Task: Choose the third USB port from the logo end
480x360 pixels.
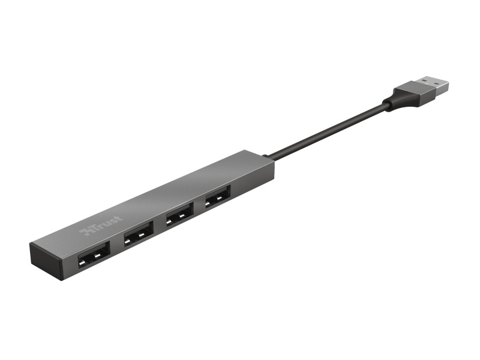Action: (x=179, y=214)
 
